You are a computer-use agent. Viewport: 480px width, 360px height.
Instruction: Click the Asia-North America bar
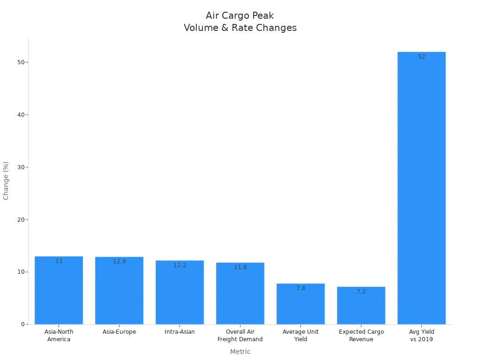(x=59, y=291)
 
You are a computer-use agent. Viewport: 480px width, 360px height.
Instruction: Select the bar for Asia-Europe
(x=119, y=291)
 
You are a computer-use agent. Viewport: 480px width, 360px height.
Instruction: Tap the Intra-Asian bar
(x=180, y=293)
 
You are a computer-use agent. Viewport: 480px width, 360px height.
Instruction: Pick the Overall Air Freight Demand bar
(x=240, y=294)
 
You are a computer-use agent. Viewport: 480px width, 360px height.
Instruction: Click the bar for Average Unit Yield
(x=300, y=304)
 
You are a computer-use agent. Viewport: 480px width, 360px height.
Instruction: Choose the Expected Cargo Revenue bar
(x=361, y=306)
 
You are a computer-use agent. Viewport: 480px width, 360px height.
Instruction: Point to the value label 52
(x=422, y=57)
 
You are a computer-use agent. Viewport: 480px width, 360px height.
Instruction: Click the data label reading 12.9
(x=119, y=262)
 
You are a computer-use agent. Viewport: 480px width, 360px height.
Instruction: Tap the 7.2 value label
(x=361, y=292)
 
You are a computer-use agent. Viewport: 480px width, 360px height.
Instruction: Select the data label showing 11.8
(x=240, y=267)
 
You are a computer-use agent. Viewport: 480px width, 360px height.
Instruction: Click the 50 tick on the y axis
(x=21, y=62)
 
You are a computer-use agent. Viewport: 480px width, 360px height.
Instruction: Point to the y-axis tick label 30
(x=21, y=167)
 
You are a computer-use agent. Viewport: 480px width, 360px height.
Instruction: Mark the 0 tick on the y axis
(x=22, y=324)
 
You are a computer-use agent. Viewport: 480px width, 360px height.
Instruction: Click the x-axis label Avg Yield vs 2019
(x=421, y=336)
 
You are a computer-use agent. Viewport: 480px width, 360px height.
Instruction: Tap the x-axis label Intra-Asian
(x=180, y=332)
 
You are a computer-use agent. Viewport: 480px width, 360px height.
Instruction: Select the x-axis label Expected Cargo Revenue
(x=361, y=336)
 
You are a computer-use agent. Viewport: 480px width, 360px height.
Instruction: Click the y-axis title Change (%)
(x=6, y=180)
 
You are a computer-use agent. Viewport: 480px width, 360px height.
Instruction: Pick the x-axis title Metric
(x=240, y=352)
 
